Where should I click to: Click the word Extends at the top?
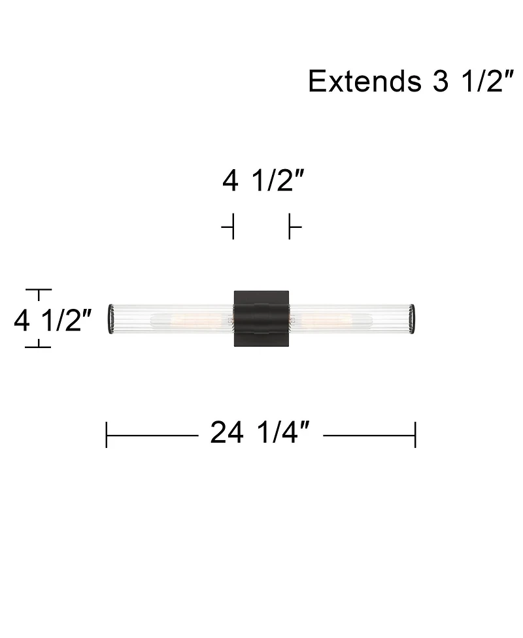[365, 81]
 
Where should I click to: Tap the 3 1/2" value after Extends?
[473, 81]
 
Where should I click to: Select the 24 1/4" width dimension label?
[260, 432]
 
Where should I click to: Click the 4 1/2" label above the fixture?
[263, 181]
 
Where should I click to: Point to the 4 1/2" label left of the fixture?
[53, 321]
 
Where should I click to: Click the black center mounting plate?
[261, 319]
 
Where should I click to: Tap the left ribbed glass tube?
[171, 319]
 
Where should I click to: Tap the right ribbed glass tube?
[352, 319]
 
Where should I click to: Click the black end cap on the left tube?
[110, 319]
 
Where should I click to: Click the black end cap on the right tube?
[413, 319]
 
